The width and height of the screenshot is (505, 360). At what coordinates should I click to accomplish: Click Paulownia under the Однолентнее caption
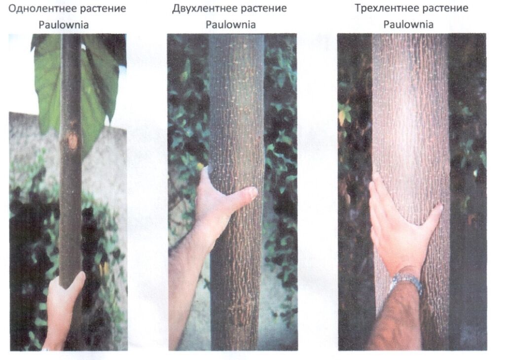click(x=64, y=25)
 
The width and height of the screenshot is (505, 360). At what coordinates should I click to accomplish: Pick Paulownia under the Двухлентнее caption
click(x=231, y=25)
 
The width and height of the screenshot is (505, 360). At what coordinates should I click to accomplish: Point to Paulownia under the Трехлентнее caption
click(x=408, y=25)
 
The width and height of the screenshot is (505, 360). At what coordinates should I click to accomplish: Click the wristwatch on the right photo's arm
click(x=406, y=282)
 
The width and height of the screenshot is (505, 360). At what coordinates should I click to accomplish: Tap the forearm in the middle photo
click(x=187, y=290)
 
